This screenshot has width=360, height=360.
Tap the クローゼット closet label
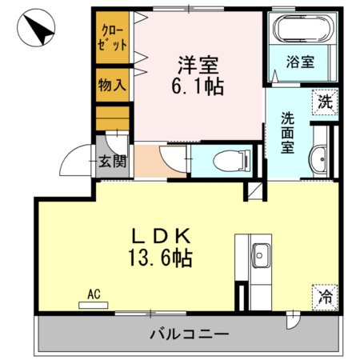pyautogui.click(x=112, y=38)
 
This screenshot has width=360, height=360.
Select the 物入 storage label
pyautogui.click(x=112, y=84)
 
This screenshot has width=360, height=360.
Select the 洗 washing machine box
pyautogui.click(x=324, y=102)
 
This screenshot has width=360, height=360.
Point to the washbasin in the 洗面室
pyautogui.click(x=318, y=158)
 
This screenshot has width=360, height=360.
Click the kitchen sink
pyautogui.click(x=261, y=257)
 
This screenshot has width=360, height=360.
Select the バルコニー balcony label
pyautogui.click(x=190, y=333)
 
